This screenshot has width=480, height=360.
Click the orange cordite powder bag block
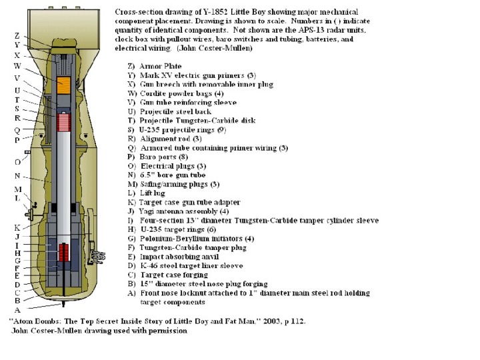[65, 85]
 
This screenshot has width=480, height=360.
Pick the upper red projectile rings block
[65, 122]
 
